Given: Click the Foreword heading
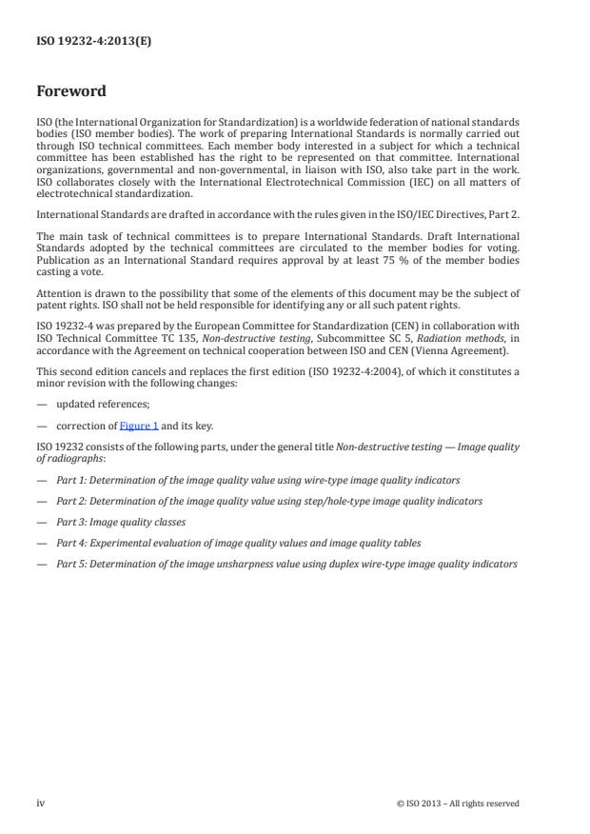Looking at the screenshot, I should [x=71, y=92].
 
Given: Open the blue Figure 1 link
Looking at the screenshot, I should [x=139, y=426].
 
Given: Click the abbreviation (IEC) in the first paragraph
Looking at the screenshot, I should [x=395, y=182].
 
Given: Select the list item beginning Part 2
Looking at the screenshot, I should [x=268, y=501].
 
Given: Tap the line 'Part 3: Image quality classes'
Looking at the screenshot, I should [x=121, y=522].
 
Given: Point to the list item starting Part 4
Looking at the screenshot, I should [x=238, y=543].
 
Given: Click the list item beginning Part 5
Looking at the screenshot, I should [x=285, y=564].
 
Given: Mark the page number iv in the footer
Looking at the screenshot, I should [x=41, y=803].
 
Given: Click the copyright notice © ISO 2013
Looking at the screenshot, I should [x=458, y=804].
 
